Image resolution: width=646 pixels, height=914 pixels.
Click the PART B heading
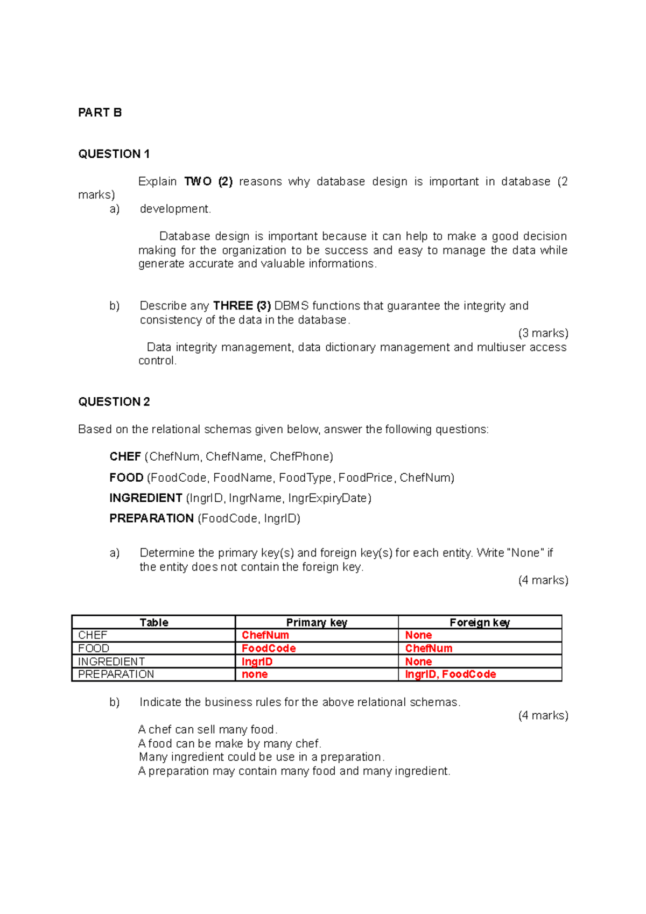coord(100,113)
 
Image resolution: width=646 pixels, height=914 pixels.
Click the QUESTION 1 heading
coord(114,154)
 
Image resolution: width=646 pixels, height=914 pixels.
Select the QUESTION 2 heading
coord(114,402)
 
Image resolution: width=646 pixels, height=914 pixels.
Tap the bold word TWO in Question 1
coord(198,181)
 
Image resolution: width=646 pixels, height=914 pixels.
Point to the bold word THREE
coord(233,306)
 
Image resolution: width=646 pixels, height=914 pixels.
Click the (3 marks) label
coord(543,333)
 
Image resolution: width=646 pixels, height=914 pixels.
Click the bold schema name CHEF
coord(125,456)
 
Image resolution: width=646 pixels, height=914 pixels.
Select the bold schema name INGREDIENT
coord(145,498)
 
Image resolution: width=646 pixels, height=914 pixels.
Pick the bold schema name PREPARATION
coord(151,518)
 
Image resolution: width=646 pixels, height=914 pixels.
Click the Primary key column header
coord(317,622)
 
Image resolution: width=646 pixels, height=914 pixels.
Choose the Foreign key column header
coord(480,622)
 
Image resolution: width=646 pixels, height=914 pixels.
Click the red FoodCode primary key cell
coord(269,649)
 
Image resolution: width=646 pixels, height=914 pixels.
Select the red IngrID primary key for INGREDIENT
coord(257,662)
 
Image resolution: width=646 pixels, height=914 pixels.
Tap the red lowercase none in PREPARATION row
coord(255,674)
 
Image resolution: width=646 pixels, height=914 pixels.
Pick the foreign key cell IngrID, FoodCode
coord(450,674)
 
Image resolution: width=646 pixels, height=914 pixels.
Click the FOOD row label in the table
coord(94,649)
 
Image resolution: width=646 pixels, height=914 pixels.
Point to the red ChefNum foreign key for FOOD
coord(429,649)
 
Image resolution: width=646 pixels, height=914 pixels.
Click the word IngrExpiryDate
coord(329,498)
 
